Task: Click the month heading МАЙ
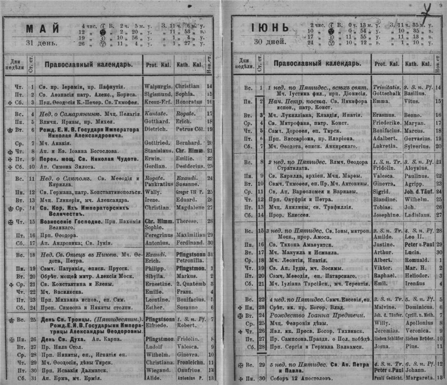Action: [x=39, y=30]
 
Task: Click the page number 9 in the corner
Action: [x=440, y=5]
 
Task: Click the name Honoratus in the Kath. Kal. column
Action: [x=190, y=101]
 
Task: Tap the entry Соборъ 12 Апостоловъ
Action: [x=293, y=377]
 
